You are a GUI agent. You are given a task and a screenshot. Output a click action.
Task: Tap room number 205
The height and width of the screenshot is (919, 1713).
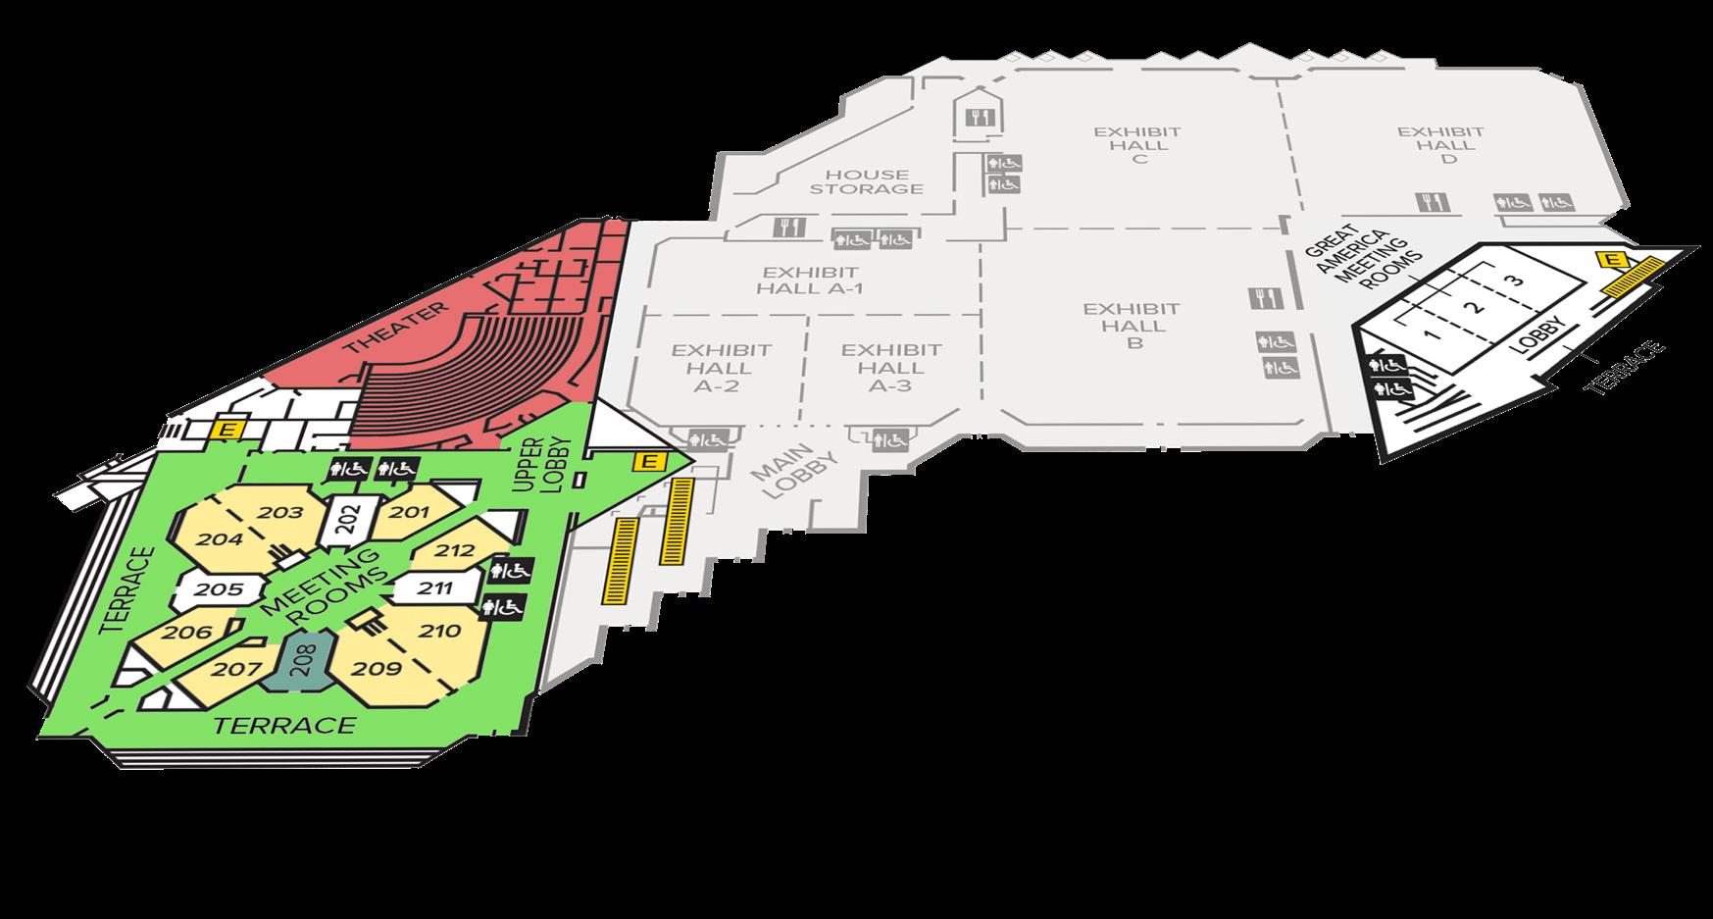[x=219, y=589]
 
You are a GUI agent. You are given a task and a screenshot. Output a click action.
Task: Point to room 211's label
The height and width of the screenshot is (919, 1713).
[x=435, y=588]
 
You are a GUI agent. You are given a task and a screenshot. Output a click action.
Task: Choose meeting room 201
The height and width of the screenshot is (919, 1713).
[x=410, y=511]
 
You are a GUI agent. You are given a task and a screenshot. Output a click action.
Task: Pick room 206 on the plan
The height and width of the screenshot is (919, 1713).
[x=188, y=633]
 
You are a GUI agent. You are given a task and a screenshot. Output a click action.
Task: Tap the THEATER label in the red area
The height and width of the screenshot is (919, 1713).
[x=393, y=329]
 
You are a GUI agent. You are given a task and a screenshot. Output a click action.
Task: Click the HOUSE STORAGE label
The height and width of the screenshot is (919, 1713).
[x=866, y=180]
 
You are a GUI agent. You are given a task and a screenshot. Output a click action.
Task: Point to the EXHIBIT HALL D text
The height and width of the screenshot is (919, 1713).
[x=1440, y=144]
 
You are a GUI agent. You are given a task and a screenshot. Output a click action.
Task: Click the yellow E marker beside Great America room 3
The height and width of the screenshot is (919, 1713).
[x=1610, y=259]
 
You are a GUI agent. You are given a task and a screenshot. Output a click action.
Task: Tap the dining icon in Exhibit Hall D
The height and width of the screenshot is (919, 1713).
[x=1428, y=202]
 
